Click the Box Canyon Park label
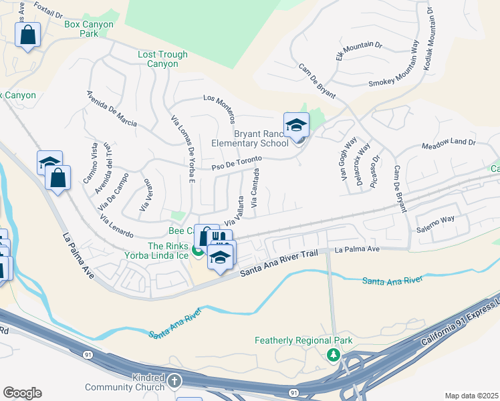tap(89, 29)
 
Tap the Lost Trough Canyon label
tap(158, 59)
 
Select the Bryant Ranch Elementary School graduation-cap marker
tap(296, 124)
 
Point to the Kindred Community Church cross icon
tap(174, 382)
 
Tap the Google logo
tap(22, 393)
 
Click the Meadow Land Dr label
tap(448, 143)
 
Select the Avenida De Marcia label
tap(112, 108)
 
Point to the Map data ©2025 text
tap(471, 396)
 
